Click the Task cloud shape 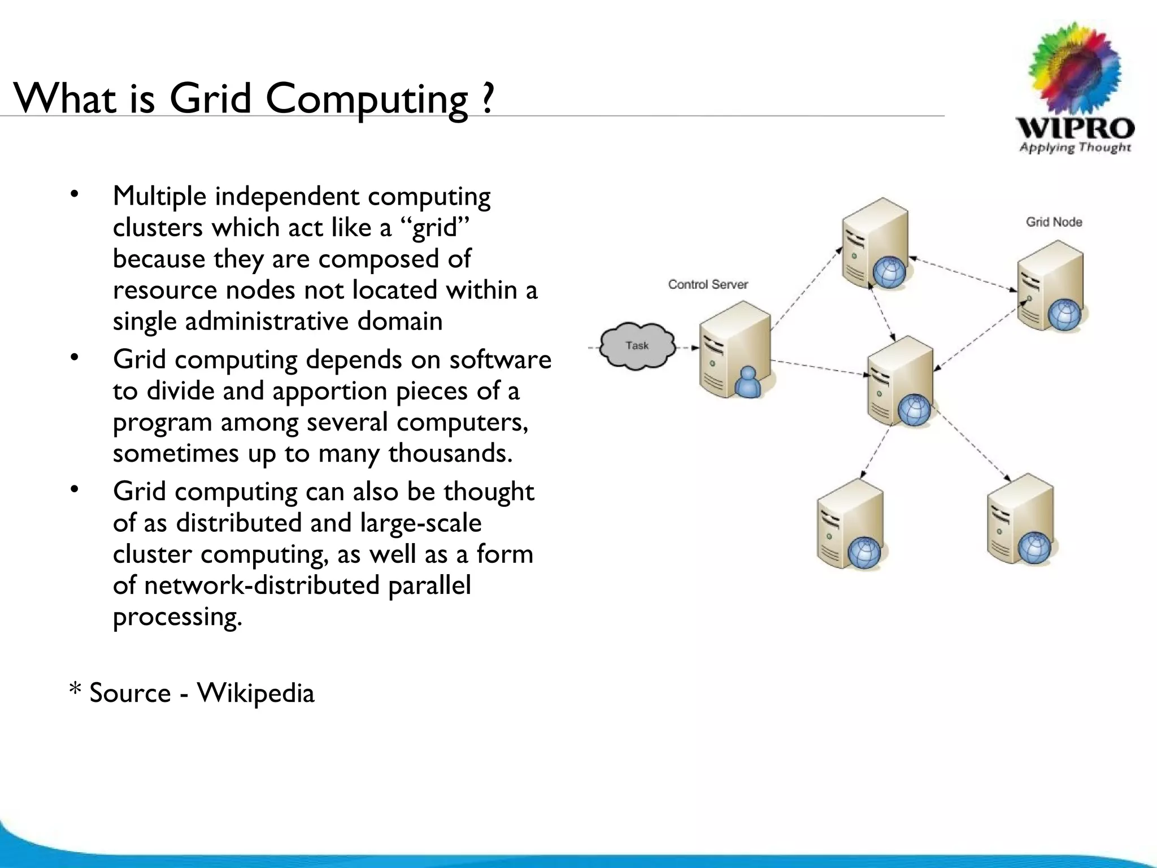click(x=637, y=346)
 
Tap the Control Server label click(x=708, y=284)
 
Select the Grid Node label click(x=1054, y=222)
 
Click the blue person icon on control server click(x=747, y=383)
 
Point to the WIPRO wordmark click(x=1075, y=128)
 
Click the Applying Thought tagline click(x=1075, y=147)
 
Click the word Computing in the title click(x=367, y=99)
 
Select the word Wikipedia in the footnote click(x=255, y=693)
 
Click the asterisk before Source click(x=75, y=689)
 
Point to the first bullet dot click(x=73, y=196)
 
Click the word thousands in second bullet click(x=450, y=453)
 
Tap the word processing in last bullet click(x=177, y=616)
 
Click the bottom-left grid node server click(x=850, y=523)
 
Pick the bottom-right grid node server click(x=1020, y=519)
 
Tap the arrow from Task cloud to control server click(x=687, y=348)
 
